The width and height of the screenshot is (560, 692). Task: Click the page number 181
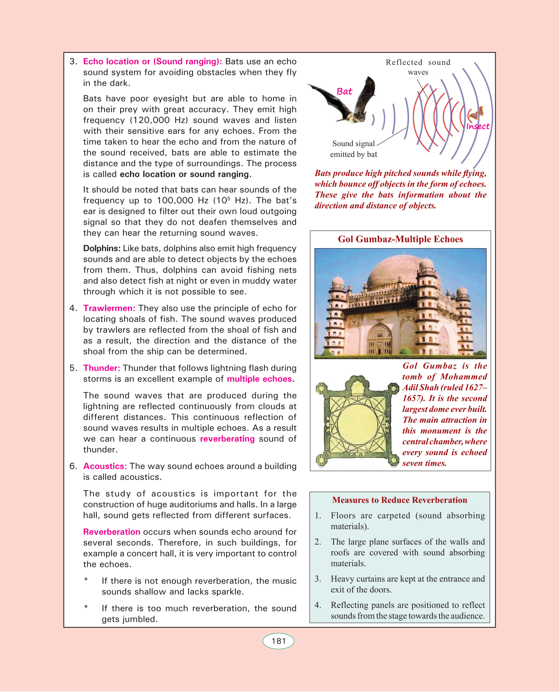coord(278,641)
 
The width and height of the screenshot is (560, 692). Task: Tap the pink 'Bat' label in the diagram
coord(344,92)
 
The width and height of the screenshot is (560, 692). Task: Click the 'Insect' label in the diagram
coord(478,126)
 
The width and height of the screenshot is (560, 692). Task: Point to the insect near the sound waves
coord(476,112)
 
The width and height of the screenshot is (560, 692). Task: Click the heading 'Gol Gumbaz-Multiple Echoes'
coord(400,239)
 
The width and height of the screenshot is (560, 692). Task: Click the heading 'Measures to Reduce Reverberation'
coord(400,500)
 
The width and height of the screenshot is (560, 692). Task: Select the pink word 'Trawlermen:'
coord(109,308)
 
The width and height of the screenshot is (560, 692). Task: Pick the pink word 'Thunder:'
coord(102,368)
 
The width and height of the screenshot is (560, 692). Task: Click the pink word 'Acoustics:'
coord(105,466)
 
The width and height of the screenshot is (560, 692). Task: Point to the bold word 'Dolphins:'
coord(102,249)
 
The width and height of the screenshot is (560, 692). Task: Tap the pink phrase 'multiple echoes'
coord(259,379)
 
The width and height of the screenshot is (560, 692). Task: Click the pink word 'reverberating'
coord(227,439)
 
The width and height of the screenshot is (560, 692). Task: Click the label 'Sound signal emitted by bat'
coord(353,149)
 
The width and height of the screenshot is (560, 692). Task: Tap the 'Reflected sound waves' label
coord(418,67)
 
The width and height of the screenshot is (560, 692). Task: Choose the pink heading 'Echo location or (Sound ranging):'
coord(153,61)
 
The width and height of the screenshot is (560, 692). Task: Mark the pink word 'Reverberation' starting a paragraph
coord(112,532)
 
